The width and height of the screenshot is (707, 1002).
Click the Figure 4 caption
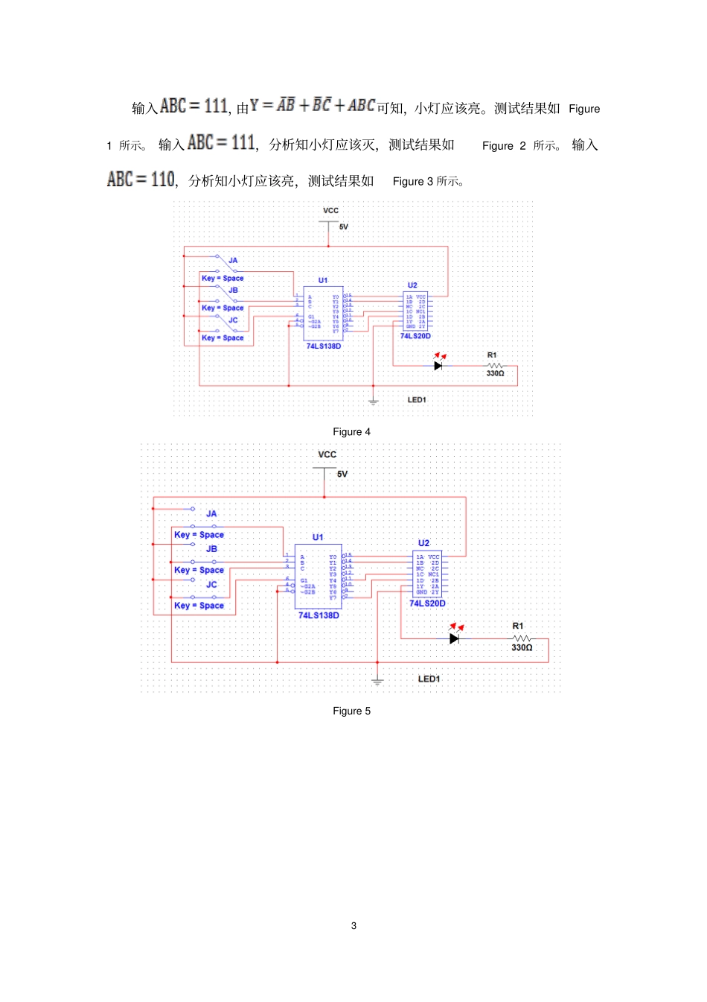(x=351, y=432)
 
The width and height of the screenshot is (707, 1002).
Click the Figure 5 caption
(x=351, y=711)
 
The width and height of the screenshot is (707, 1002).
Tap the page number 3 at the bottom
(x=353, y=926)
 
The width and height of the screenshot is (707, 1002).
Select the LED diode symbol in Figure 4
(x=438, y=365)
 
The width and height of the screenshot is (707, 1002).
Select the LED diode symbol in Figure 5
(x=455, y=638)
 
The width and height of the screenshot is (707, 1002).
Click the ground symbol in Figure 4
(x=374, y=402)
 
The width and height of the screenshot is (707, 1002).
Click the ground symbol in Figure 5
(x=377, y=681)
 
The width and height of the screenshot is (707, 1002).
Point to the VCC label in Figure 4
(x=331, y=211)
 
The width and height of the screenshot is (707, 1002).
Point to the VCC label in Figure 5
(x=327, y=454)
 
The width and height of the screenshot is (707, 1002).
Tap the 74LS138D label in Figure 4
(x=324, y=346)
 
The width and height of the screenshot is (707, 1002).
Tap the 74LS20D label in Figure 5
(x=427, y=603)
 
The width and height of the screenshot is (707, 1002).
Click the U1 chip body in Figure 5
(x=318, y=577)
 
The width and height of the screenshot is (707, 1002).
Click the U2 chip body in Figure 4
(x=415, y=311)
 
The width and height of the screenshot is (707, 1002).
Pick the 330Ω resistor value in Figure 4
(x=495, y=373)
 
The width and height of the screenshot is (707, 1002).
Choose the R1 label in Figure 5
(x=518, y=626)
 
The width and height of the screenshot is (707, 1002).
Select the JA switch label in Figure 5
(x=211, y=514)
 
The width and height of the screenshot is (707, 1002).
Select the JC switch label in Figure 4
(x=233, y=320)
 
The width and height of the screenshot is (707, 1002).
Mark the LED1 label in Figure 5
(x=429, y=679)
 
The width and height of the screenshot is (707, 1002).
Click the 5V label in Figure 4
(x=344, y=227)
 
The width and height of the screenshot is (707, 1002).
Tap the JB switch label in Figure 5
(x=211, y=549)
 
